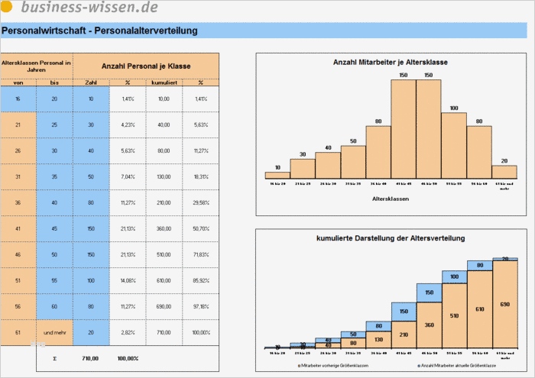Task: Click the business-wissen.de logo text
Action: coord(89,8)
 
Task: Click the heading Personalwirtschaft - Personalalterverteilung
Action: coord(99,31)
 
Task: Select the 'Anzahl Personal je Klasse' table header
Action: coord(146,66)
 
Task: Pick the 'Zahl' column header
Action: coord(91,82)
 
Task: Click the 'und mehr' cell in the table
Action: coord(54,333)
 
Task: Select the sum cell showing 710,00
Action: coord(91,357)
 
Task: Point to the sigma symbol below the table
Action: coord(54,357)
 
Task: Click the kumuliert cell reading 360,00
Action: coord(164,228)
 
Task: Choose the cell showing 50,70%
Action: coord(200,228)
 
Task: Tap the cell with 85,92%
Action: coord(200,280)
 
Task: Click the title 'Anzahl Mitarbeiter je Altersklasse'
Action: coord(391,62)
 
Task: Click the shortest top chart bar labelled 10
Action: coord(277,175)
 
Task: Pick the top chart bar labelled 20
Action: coord(504,172)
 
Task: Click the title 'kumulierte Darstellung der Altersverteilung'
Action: coord(391,239)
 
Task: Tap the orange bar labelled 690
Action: coord(504,305)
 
